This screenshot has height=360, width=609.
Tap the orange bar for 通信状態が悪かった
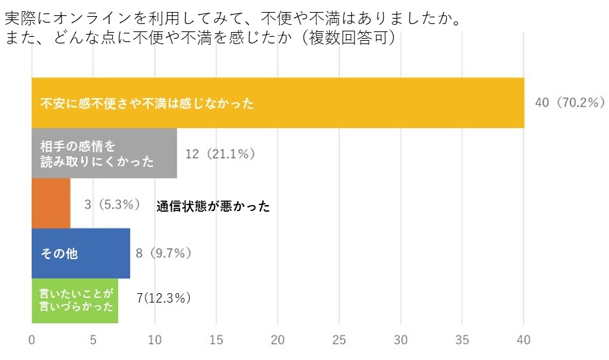[51, 203]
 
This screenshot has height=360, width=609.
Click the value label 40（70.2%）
[570, 103]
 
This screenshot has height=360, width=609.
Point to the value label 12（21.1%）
[220, 154]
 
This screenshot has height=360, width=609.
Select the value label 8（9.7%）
[164, 253]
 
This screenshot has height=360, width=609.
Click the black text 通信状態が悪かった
[214, 206]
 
